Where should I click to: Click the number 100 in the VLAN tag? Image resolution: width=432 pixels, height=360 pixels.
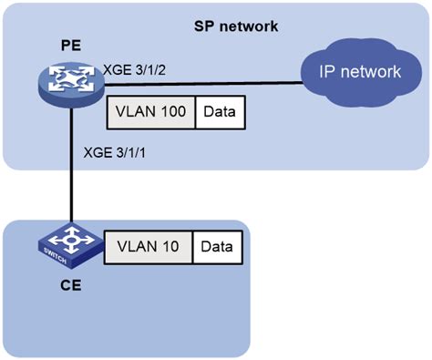174,112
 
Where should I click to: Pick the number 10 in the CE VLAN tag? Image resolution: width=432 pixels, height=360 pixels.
170,246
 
